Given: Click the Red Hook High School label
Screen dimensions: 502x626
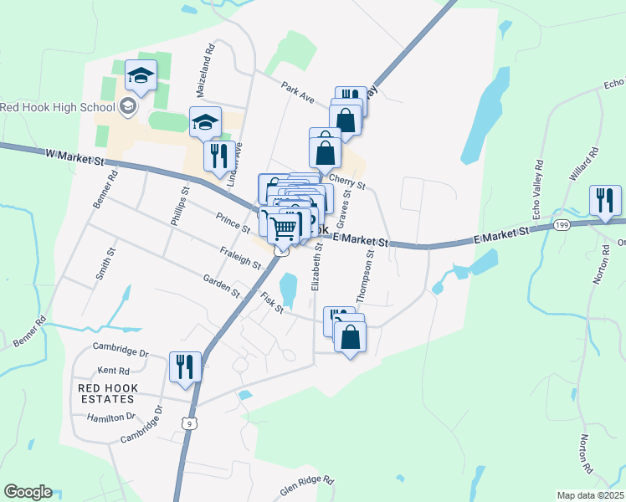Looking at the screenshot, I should click(x=57, y=106).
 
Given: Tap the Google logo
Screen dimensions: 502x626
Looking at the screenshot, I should click(x=28, y=492).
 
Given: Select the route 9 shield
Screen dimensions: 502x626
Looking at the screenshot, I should click(x=192, y=424).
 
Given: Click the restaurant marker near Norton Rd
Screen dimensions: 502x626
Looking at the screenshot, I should click(x=605, y=202).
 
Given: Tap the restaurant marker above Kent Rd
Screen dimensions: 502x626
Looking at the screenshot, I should click(x=185, y=367).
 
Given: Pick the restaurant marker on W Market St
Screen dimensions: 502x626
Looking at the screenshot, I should click(x=218, y=156).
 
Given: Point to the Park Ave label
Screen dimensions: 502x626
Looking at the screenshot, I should click(x=297, y=91).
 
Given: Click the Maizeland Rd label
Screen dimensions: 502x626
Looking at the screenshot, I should click(x=205, y=61).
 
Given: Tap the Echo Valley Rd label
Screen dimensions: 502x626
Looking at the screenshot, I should click(x=539, y=183).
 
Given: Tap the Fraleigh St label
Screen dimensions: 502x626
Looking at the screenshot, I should click(x=241, y=256).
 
